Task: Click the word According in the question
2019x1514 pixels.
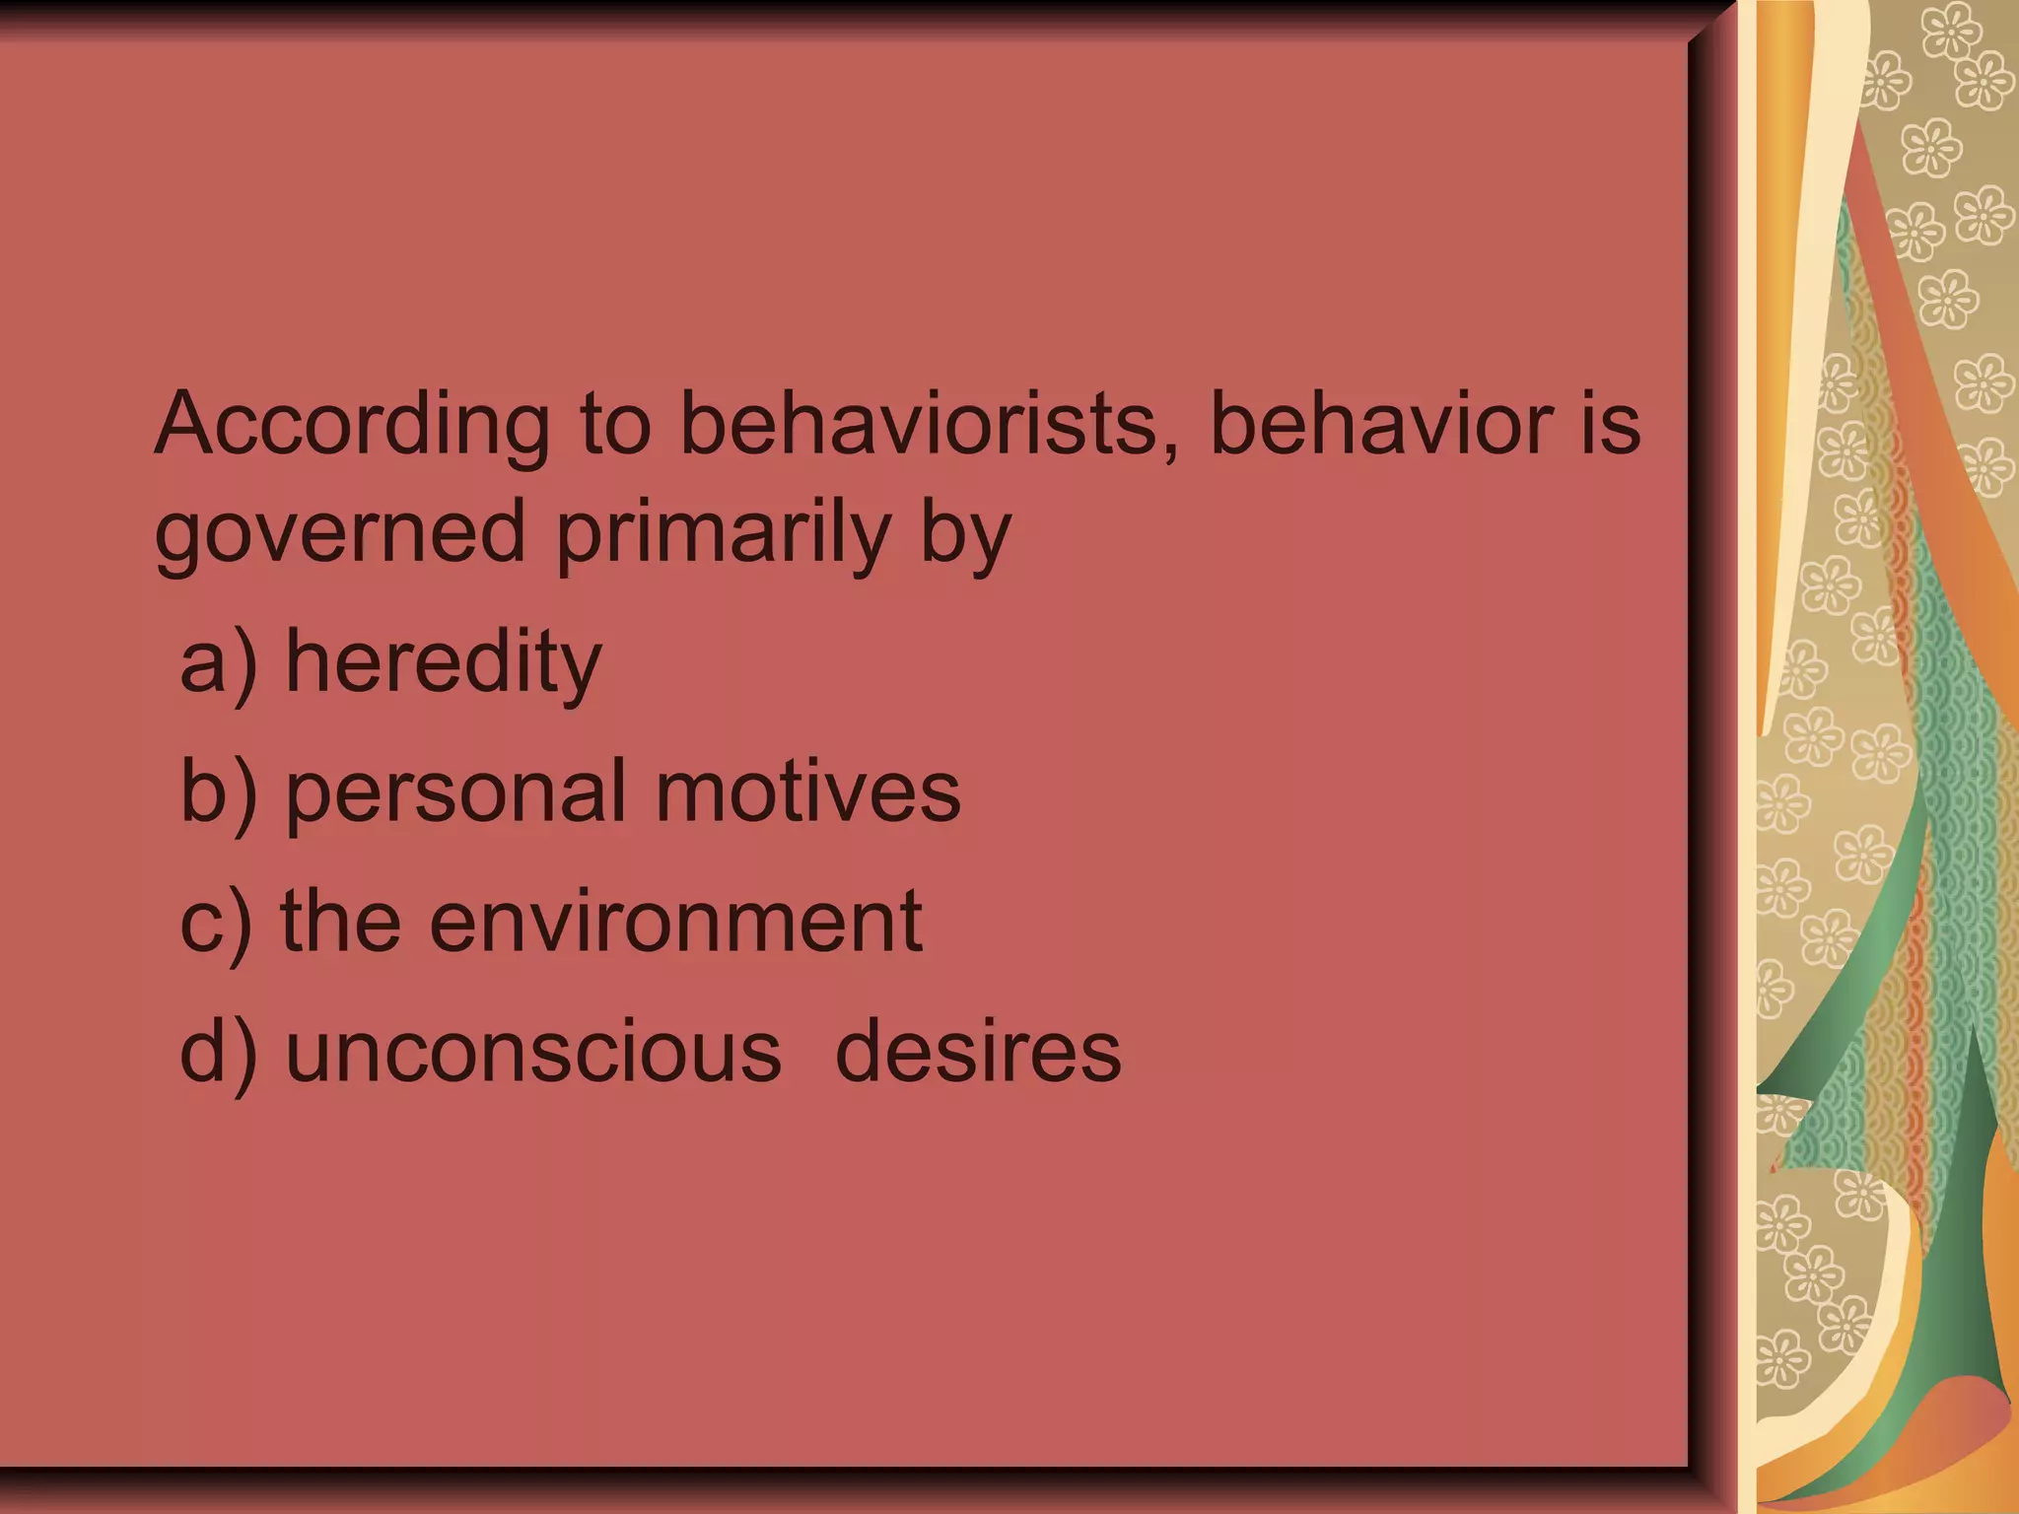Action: (351, 426)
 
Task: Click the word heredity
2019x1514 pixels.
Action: (443, 662)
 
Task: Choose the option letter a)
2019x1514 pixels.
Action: (218, 662)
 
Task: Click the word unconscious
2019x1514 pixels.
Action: (533, 1052)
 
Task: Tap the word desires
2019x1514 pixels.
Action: (978, 1052)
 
